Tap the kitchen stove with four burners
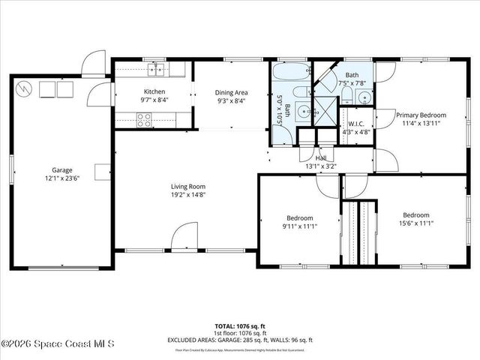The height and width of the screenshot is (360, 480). tap(144, 118)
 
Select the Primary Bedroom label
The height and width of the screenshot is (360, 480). tap(421, 115)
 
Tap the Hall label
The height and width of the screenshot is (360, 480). tap(321, 158)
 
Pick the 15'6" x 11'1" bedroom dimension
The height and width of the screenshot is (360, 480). tap(415, 223)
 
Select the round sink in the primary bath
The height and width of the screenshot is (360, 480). tap(364, 97)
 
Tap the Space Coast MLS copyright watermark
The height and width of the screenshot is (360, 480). tap(58, 344)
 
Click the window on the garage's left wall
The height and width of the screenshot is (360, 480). tap(10, 169)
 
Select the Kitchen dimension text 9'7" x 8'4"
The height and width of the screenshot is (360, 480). tap(154, 100)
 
